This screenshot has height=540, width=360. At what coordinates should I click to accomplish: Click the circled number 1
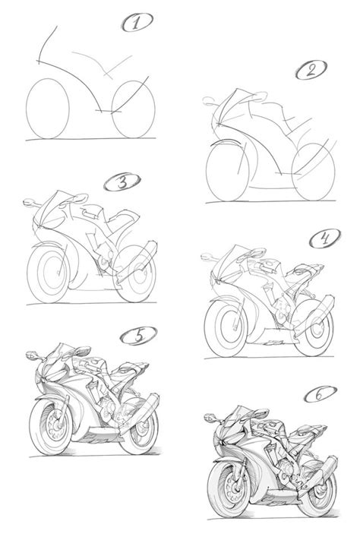coord(137,24)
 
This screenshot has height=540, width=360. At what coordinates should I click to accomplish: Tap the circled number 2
coord(309,73)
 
